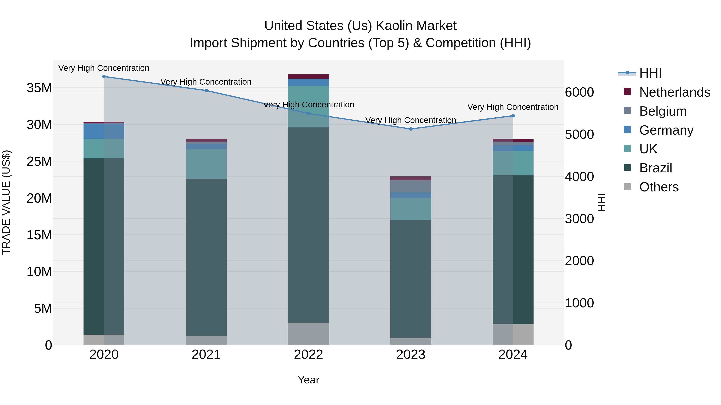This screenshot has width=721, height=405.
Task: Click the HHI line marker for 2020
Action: [104, 76]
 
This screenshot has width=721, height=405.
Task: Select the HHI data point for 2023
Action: [411, 129]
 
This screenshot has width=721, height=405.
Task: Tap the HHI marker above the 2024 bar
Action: [513, 116]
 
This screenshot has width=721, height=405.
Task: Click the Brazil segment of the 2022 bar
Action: [308, 225]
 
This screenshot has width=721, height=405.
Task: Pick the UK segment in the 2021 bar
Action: [206, 164]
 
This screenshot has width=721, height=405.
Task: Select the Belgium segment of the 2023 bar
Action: [411, 186]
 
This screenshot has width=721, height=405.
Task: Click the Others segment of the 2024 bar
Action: [513, 335]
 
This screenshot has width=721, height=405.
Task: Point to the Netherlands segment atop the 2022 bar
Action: [308, 76]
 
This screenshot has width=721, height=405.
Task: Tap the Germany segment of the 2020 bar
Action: [104, 131]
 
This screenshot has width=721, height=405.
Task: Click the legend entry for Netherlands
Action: [675, 92]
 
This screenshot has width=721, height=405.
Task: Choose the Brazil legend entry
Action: [656, 168]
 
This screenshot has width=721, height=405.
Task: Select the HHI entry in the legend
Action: [650, 73]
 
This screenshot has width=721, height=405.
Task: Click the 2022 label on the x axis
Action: [308, 355]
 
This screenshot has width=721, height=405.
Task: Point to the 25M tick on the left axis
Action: [39, 161]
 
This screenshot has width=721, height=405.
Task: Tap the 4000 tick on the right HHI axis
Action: [579, 176]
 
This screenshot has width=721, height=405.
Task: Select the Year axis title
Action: [308, 380]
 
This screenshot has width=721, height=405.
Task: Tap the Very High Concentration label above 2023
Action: [411, 120]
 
